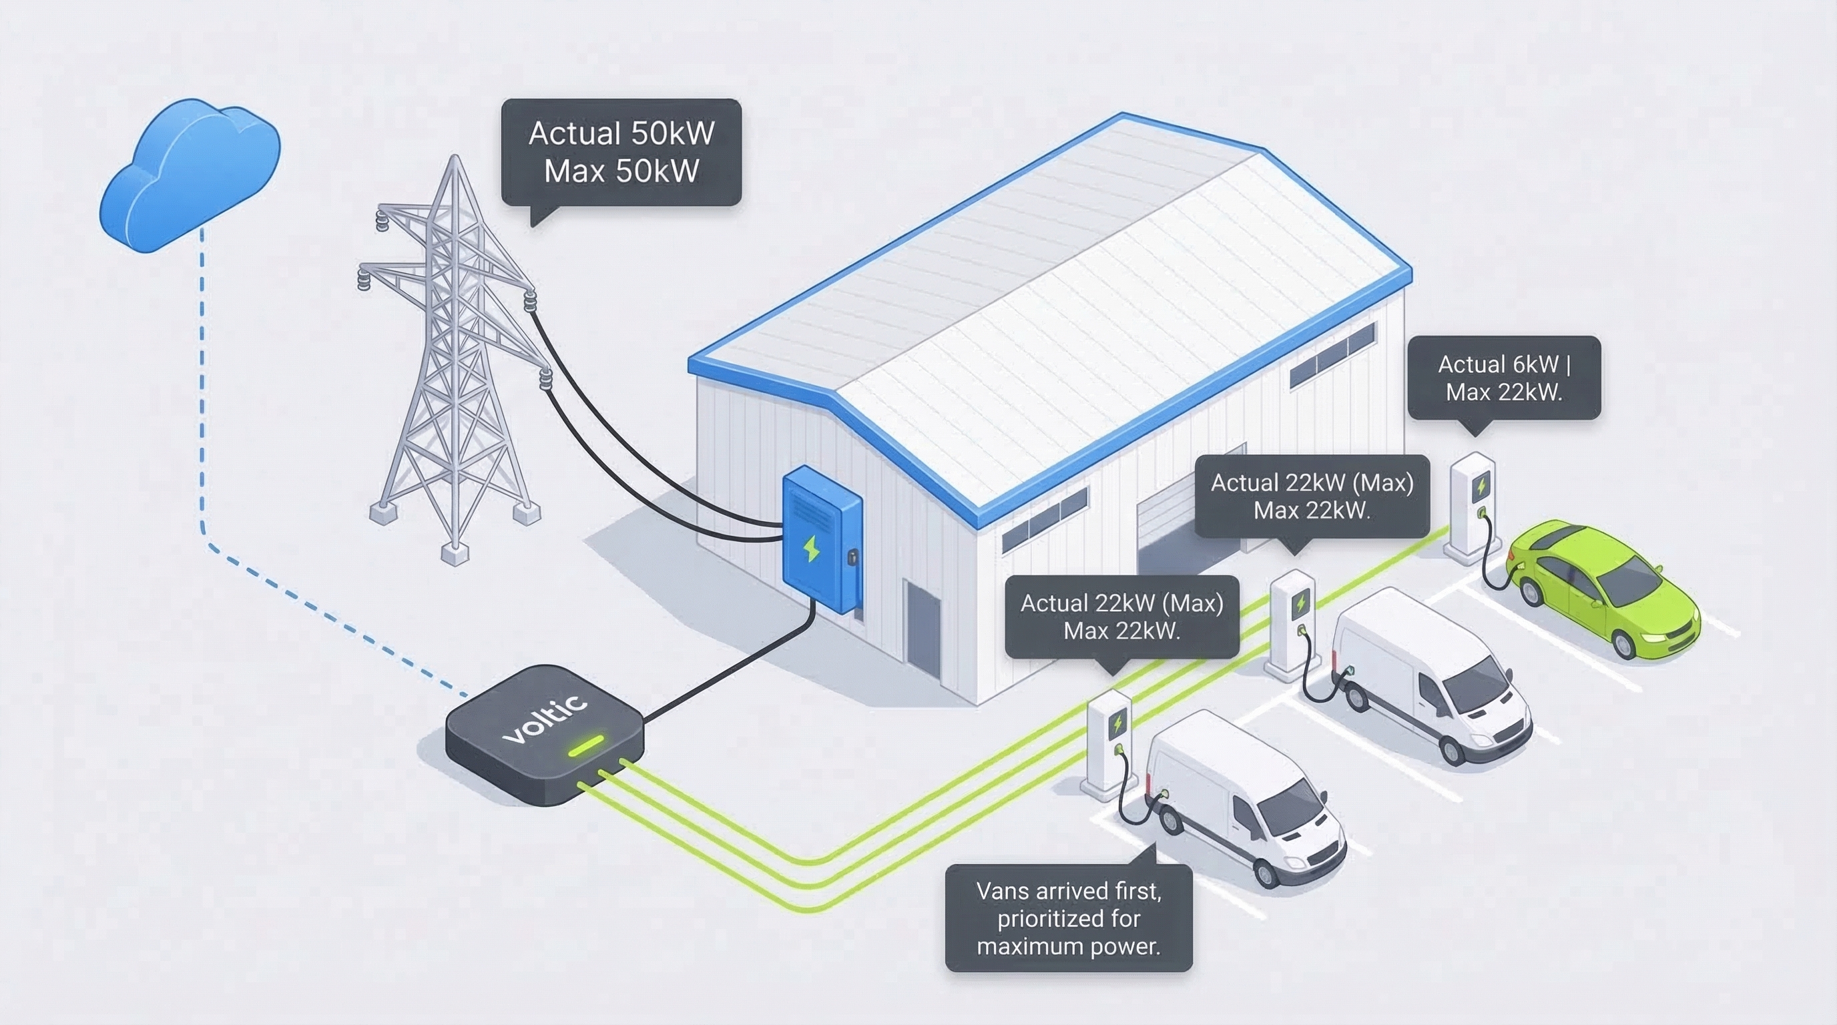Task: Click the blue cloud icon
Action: click(x=189, y=175)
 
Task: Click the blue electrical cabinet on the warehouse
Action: click(x=822, y=538)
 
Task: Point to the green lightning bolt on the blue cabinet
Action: click(x=811, y=548)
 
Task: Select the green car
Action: click(x=1605, y=585)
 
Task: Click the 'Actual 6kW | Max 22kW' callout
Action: click(x=1504, y=378)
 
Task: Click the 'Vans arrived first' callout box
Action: click(x=1068, y=918)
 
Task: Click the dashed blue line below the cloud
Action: click(x=202, y=392)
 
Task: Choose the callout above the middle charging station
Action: click(x=1312, y=496)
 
